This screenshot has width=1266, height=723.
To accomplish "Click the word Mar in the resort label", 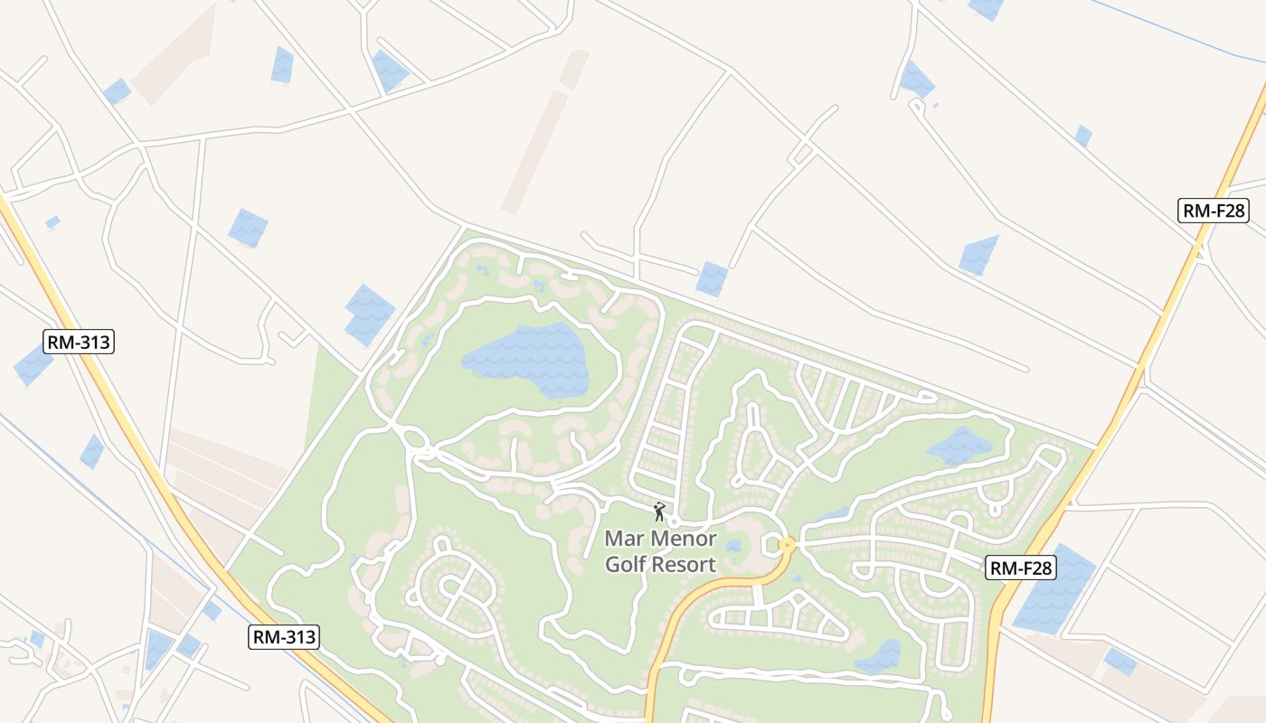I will [x=624, y=540].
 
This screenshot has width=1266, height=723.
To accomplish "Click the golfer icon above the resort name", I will [x=660, y=512].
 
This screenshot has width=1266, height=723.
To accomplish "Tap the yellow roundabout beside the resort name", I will [x=787, y=545].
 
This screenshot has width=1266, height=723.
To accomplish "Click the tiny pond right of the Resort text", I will [x=733, y=546].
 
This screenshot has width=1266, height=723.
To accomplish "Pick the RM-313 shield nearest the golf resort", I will [x=284, y=637].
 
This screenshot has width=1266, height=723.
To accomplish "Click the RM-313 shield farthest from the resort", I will [x=79, y=342].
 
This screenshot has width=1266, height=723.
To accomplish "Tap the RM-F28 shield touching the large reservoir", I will [x=1021, y=568].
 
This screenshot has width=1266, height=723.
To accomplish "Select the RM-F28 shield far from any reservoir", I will [x=1214, y=211].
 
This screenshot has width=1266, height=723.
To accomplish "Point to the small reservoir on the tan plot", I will [x=1120, y=662].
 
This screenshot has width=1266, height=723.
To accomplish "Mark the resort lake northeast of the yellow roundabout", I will [x=959, y=446].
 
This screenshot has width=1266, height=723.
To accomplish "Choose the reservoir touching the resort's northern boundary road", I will [x=712, y=278].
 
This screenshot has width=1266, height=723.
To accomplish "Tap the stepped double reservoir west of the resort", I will [x=369, y=315].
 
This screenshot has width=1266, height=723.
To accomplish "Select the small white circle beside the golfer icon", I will [x=674, y=522].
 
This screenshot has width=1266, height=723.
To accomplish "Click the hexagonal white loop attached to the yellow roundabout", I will [x=771, y=545].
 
